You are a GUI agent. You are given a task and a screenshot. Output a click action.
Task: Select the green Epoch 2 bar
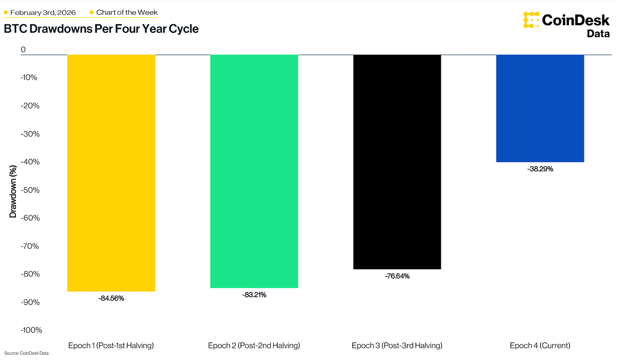click(x=254, y=171)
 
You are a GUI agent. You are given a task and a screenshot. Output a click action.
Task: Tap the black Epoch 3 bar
click(x=397, y=162)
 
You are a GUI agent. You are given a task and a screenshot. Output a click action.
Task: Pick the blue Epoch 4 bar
click(x=540, y=108)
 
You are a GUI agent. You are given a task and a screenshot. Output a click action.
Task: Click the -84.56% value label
click(x=111, y=298)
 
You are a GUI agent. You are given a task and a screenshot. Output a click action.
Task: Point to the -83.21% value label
click(x=254, y=295)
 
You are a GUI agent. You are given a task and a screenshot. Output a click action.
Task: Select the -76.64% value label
click(x=397, y=276)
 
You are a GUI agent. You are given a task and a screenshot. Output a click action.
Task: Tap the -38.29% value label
click(x=540, y=169)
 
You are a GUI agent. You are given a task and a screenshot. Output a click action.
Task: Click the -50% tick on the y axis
click(x=30, y=190)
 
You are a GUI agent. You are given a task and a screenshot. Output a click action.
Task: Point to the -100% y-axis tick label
click(x=31, y=330)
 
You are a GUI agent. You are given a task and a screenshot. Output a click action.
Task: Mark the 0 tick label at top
click(x=23, y=49)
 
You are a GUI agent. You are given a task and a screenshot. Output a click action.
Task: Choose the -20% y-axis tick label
click(x=30, y=106)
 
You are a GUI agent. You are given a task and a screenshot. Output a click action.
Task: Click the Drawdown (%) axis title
click(x=13, y=191)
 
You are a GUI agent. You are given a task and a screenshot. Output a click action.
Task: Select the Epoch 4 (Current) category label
click(x=540, y=345)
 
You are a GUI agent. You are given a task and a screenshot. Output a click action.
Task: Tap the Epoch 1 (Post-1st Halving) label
click(x=111, y=345)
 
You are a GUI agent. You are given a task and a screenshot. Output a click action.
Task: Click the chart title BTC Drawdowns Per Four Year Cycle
click(x=101, y=29)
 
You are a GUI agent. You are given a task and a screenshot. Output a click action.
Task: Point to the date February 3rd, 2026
click(x=43, y=12)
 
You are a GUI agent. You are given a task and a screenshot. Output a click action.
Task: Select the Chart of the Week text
click(x=127, y=12)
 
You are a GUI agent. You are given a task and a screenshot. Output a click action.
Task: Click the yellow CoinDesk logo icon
click(x=531, y=20)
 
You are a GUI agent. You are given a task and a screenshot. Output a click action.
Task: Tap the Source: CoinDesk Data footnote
click(x=26, y=353)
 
